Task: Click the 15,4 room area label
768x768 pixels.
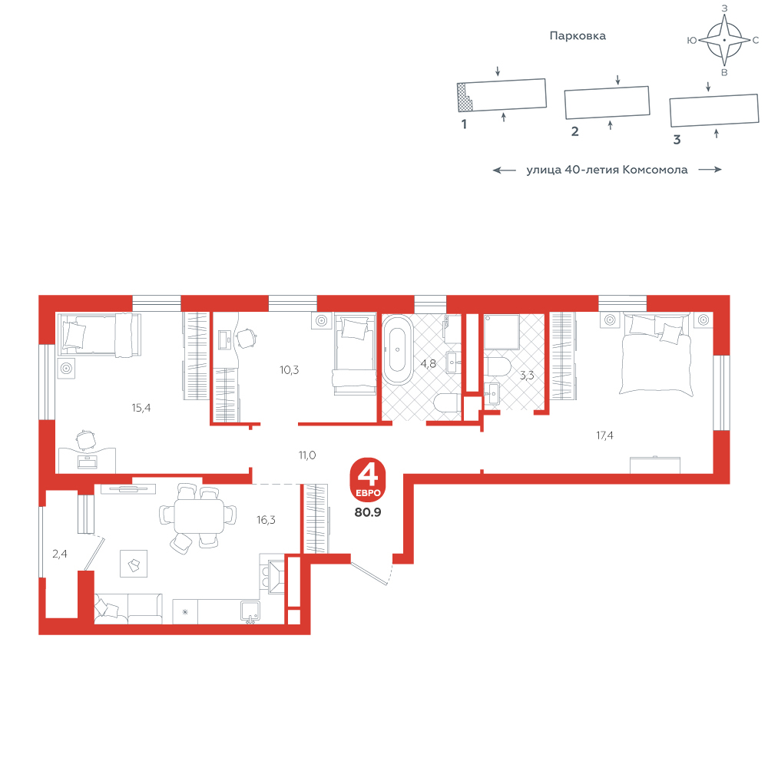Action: tap(141, 408)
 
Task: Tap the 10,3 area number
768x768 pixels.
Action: tap(289, 370)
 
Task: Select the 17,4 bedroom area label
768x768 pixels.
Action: tap(604, 435)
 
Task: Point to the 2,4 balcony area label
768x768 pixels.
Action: tap(60, 554)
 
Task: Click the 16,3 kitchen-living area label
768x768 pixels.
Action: tap(266, 520)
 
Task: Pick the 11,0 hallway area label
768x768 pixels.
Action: tap(307, 455)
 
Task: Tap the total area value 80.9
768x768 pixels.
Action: tap(368, 512)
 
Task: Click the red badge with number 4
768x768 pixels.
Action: tap(368, 479)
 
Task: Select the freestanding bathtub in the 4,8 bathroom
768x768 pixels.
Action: tap(397, 349)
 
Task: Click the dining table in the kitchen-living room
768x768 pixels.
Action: tap(200, 516)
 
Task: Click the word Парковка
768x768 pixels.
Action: tap(578, 36)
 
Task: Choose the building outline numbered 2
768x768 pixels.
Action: tap(607, 102)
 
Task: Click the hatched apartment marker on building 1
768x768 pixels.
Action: tap(464, 97)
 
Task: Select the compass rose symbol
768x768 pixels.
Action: tap(724, 40)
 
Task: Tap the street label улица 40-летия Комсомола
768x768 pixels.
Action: tap(607, 170)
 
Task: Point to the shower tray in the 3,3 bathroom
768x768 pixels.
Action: tap(502, 332)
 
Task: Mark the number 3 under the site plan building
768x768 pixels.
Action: tap(677, 140)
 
